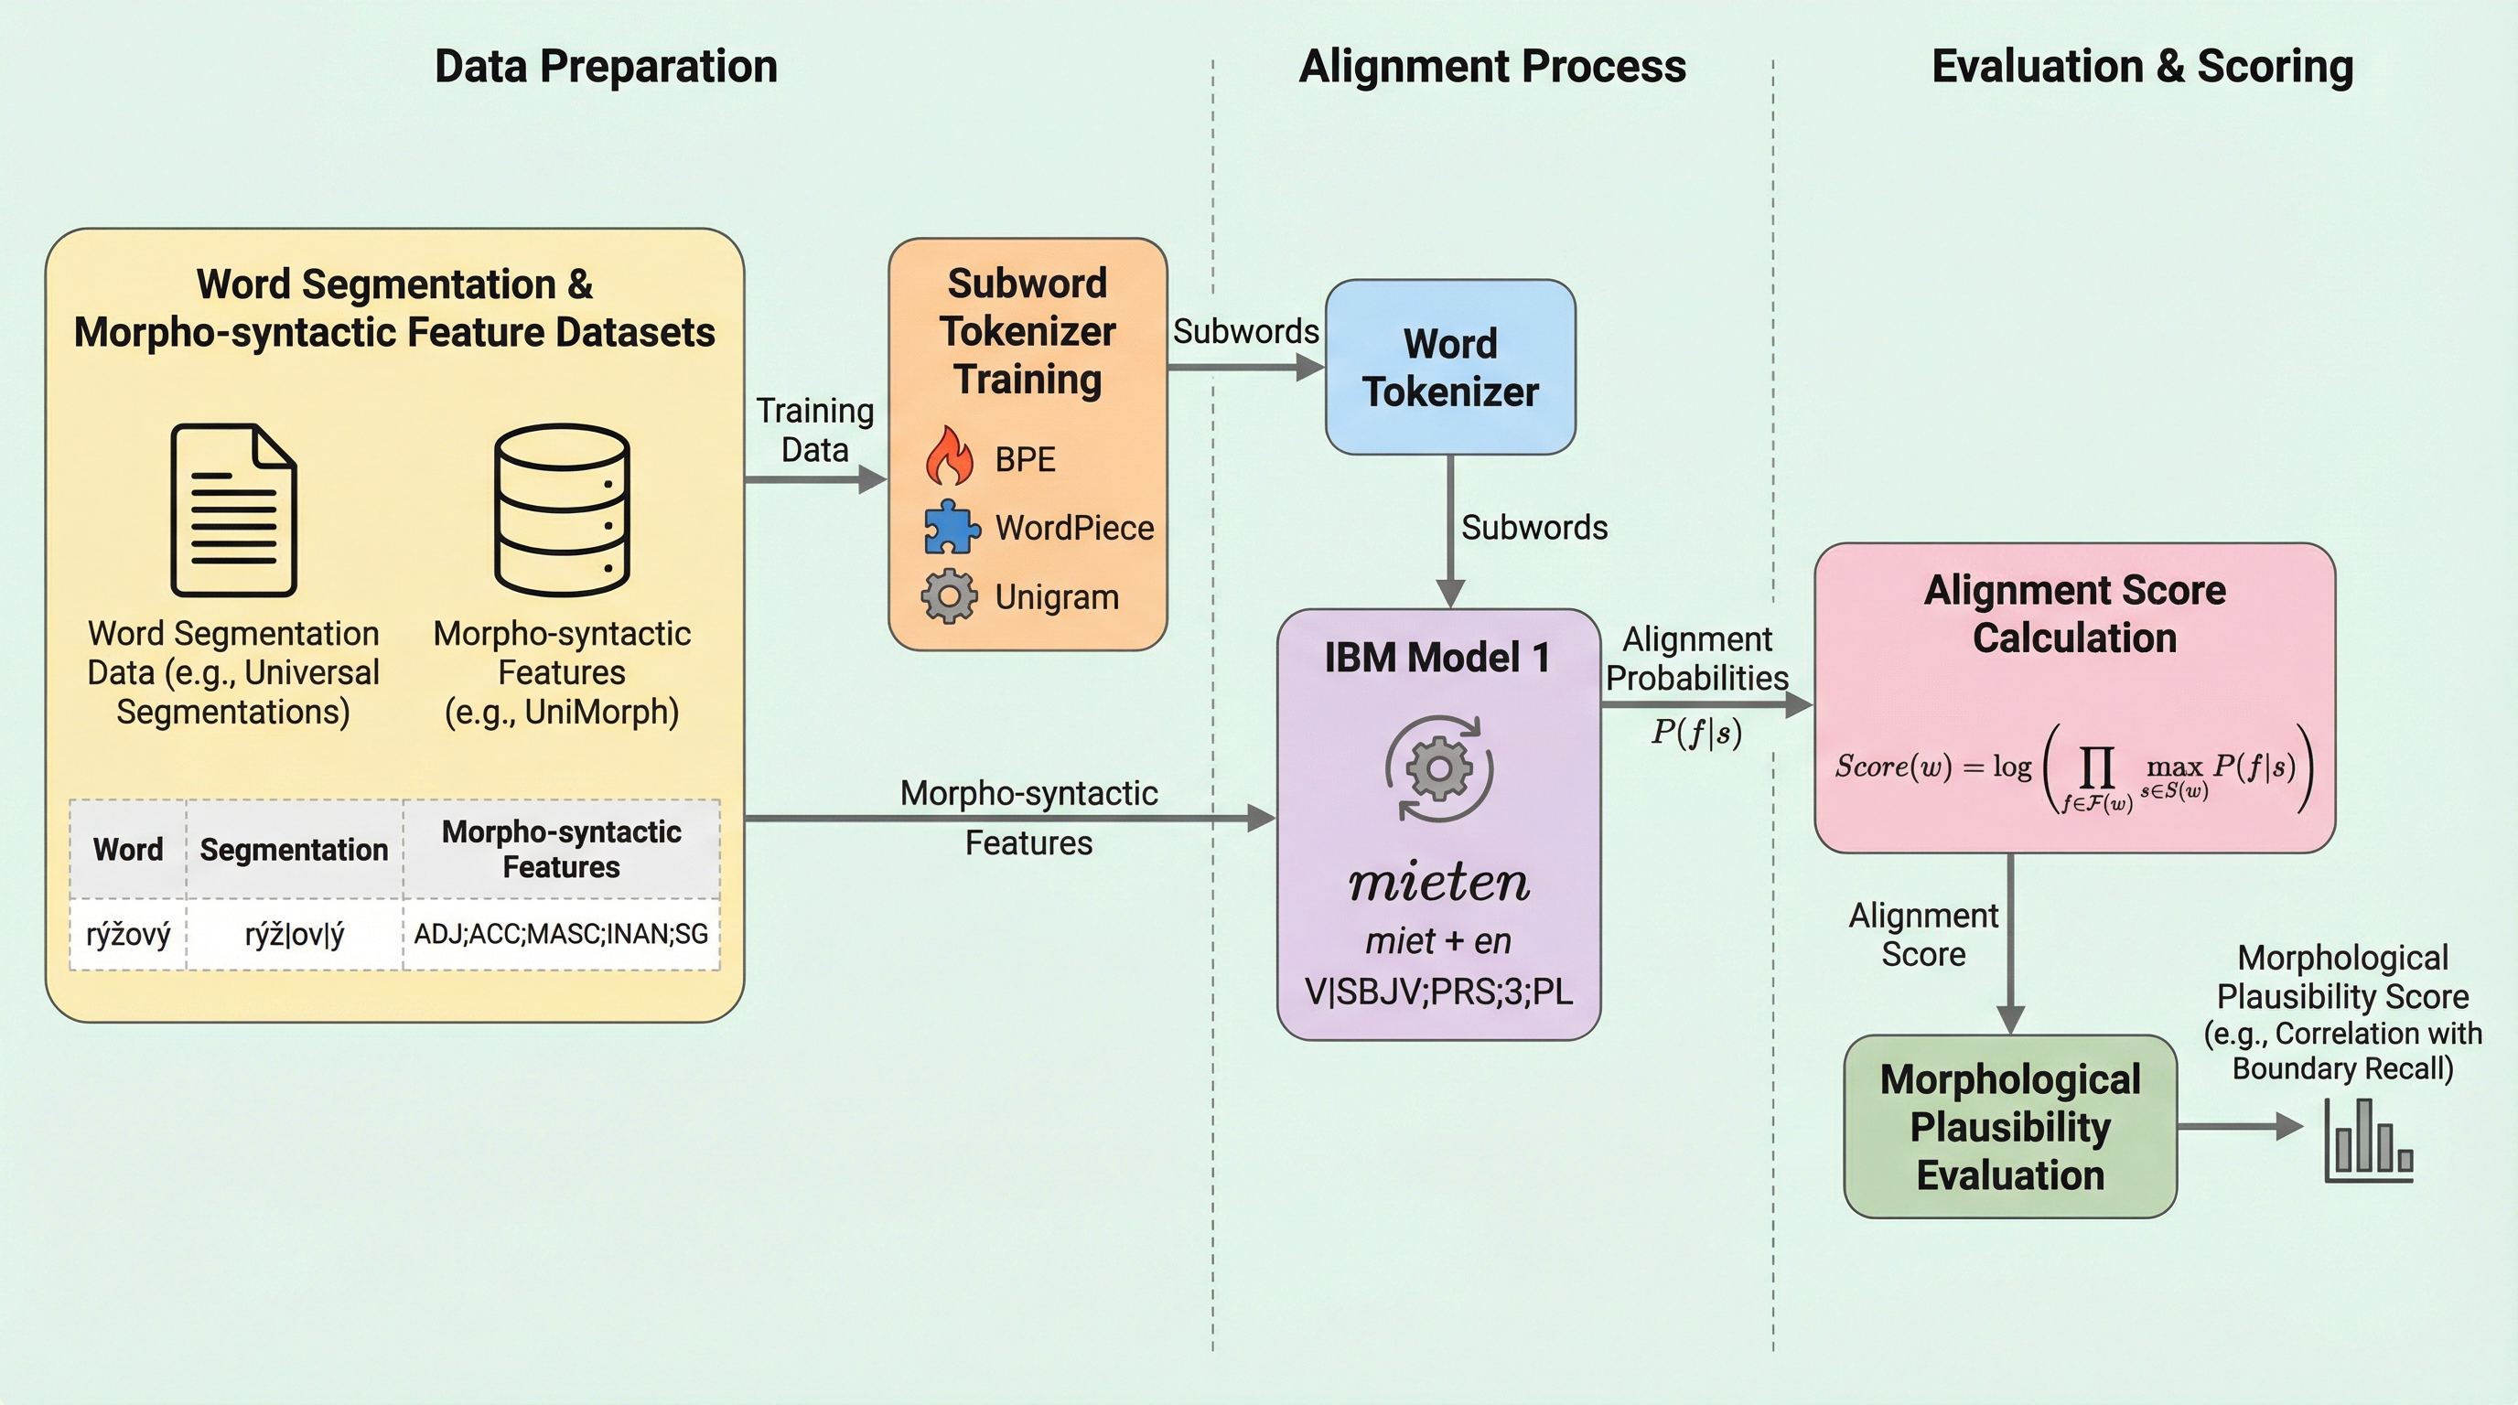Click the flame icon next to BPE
tap(949, 456)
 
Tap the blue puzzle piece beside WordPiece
tap(951, 527)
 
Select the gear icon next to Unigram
tap(948, 596)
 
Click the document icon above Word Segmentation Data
tap(233, 509)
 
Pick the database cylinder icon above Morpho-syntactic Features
tap(562, 509)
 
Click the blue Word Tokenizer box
tap(1449, 368)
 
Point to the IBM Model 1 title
tap(1437, 658)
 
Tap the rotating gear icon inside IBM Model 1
tap(1439, 769)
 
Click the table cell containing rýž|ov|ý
tap(295, 935)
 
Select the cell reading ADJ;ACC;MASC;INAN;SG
tap(561, 935)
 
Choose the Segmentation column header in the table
tap(295, 850)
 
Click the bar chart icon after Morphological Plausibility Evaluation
tap(2369, 1141)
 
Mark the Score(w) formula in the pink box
tap(2074, 769)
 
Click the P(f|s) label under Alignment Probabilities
tap(1696, 733)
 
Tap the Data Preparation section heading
tap(606, 67)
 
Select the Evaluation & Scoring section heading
tap(2142, 67)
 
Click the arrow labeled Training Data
tap(815, 479)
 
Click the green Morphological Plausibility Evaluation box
tap(2009, 1127)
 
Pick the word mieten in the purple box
tap(1439, 884)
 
